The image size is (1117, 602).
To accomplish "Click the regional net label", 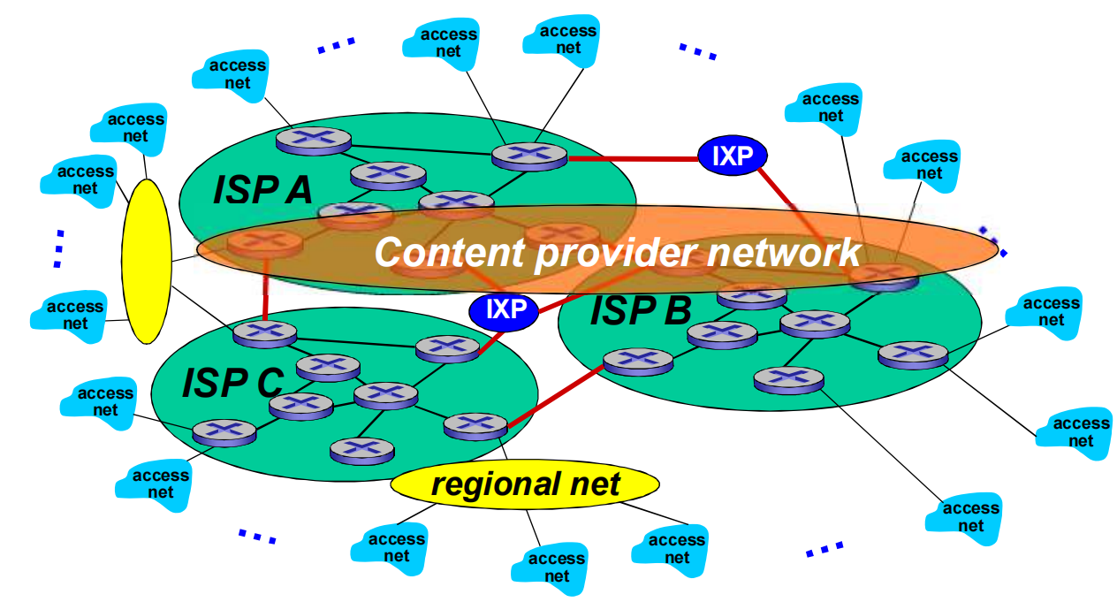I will click(525, 484).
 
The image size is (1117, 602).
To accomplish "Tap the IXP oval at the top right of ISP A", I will click(733, 156).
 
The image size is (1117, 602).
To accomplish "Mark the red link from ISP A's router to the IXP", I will click(632, 159).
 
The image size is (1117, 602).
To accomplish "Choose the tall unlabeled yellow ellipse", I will click(146, 261).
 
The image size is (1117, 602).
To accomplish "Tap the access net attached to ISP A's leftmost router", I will click(236, 74).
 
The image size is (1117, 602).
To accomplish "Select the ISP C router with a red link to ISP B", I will click(476, 425).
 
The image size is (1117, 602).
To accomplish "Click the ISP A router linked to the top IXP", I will click(528, 156).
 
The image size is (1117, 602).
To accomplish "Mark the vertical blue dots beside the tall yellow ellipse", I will click(58, 248).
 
